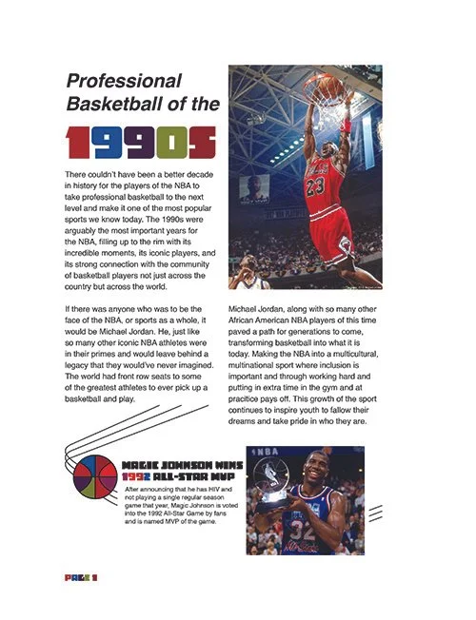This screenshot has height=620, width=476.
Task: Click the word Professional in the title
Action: pos(122,80)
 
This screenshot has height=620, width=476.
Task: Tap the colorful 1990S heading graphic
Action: pos(139,142)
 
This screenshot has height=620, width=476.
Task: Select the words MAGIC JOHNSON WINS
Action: pos(182,466)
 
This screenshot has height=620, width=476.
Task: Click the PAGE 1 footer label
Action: pos(81,577)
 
